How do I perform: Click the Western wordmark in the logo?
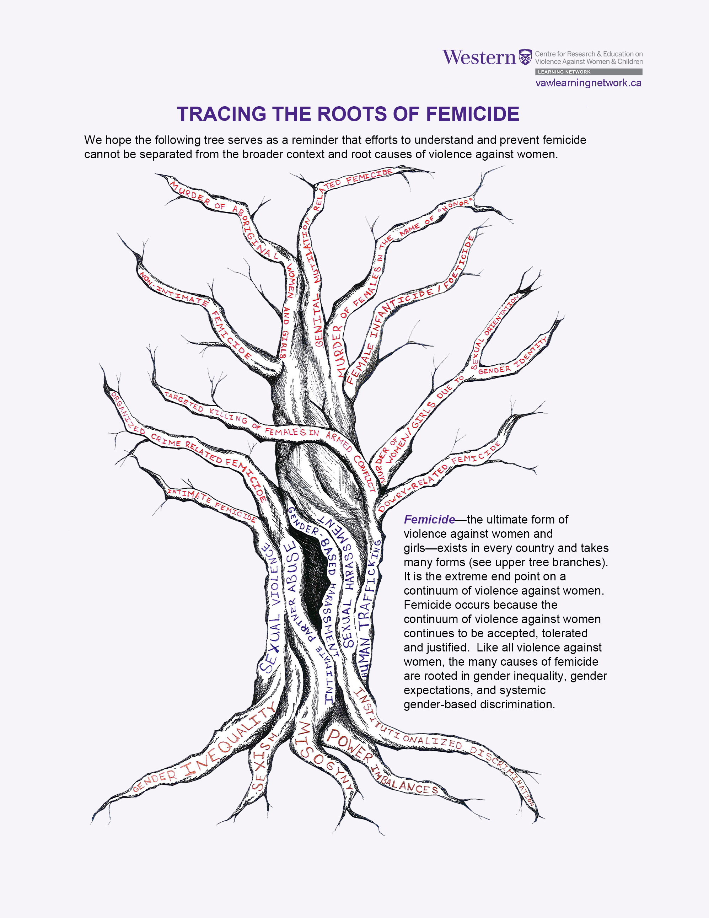(x=479, y=58)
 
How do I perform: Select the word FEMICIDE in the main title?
(x=472, y=114)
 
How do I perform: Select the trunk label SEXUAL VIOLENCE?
(x=271, y=610)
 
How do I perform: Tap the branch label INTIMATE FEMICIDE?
(x=212, y=504)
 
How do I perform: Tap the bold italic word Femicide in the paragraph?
(x=429, y=520)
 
